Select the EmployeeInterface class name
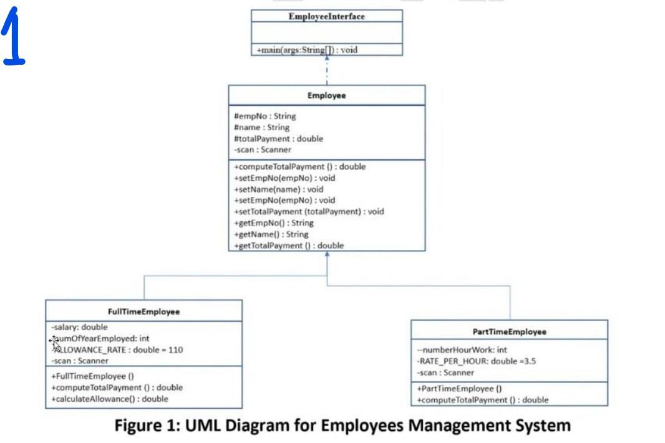[326, 17]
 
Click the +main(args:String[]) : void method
[306, 50]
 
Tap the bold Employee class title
[326, 96]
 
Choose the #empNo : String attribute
[265, 116]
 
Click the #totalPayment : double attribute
[278, 138]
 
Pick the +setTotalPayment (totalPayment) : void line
[309, 211]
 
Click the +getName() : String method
[271, 234]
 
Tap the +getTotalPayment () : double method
[289, 245]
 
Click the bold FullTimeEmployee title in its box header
[143, 312]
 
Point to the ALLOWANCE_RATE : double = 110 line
[119, 350]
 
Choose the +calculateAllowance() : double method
[110, 399]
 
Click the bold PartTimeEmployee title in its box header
[509, 332]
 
